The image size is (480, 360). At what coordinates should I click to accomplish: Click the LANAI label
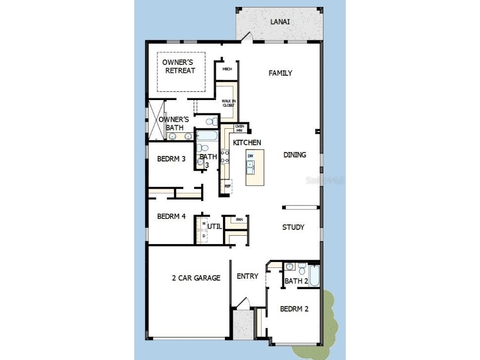tap(280, 22)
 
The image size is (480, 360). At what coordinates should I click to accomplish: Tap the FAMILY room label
tap(280, 73)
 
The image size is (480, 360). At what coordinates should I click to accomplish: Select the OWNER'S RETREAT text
tap(180, 66)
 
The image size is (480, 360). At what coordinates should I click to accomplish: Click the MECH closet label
tap(227, 69)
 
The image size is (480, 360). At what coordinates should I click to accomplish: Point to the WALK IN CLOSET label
tap(228, 103)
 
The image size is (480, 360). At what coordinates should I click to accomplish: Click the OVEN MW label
tap(239, 128)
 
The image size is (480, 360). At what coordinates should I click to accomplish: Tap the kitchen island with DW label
tap(255, 167)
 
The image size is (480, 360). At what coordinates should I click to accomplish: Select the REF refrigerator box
tap(228, 186)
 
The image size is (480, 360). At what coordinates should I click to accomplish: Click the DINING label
tap(295, 154)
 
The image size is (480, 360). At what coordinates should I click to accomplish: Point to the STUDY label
tap(293, 227)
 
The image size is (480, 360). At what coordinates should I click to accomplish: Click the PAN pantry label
tap(239, 219)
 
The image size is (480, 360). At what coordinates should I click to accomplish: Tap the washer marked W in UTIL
tap(204, 224)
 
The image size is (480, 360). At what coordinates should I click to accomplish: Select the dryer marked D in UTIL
tap(204, 236)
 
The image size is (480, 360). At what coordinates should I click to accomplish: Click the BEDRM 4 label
tap(171, 216)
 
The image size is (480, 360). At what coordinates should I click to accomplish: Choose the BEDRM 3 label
tap(171, 159)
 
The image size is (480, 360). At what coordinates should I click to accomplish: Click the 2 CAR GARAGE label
tap(196, 278)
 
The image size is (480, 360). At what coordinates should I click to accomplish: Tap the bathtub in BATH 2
tap(315, 276)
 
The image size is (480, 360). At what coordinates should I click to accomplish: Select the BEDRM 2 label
tap(294, 309)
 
